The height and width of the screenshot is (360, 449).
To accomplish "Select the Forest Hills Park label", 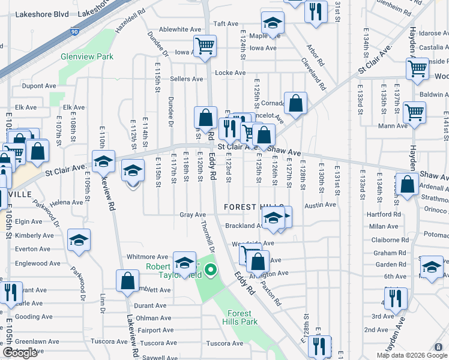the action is click(240, 317).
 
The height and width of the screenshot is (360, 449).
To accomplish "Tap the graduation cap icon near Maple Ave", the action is click(273, 24).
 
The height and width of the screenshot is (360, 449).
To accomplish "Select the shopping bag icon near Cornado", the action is click(295, 103).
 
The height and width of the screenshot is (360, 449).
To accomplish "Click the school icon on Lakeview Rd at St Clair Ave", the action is click(103, 161).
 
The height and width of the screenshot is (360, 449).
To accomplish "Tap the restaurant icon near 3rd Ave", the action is click(395, 298).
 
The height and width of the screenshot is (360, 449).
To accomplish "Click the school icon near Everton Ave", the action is click(79, 240).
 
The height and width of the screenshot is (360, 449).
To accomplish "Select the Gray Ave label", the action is click(193, 215).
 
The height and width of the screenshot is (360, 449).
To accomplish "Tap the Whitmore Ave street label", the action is click(147, 257).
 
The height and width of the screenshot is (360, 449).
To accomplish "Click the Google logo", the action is click(20, 353).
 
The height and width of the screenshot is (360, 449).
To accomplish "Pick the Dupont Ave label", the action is click(39, 86).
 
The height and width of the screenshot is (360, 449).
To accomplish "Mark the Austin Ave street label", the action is click(320, 205).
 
